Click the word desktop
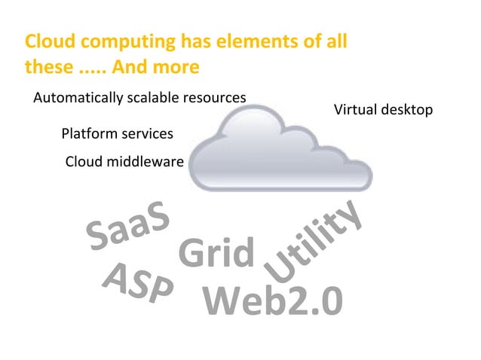click(408, 111)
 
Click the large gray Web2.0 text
click(273, 301)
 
